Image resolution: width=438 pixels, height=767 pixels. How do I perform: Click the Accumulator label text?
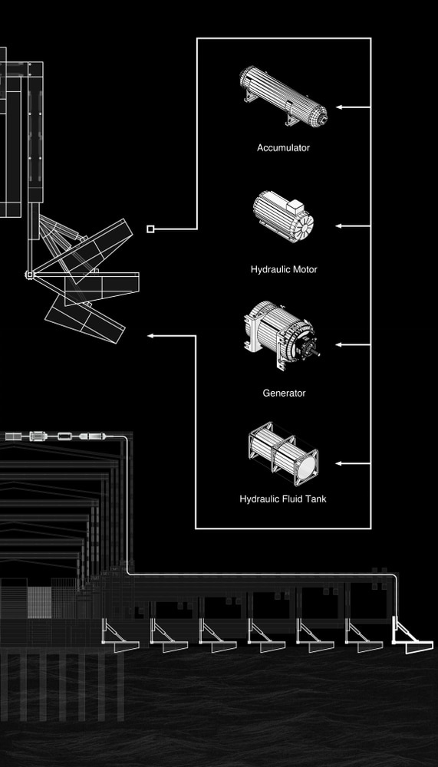(x=283, y=148)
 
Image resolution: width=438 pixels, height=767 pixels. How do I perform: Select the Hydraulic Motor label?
(x=284, y=269)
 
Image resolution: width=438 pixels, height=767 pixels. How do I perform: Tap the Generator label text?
(x=284, y=393)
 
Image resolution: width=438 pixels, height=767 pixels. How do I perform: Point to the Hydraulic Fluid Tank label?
(x=283, y=499)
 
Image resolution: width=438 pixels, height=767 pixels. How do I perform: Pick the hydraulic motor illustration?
(x=283, y=217)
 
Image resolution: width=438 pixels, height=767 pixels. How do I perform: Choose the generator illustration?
(x=282, y=335)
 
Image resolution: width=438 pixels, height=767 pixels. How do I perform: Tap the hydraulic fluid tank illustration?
(x=283, y=454)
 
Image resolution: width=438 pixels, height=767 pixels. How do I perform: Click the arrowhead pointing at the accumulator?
(x=338, y=107)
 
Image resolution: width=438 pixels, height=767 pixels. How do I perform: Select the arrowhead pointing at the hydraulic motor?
(x=338, y=226)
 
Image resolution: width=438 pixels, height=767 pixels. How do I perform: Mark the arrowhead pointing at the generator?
(x=338, y=345)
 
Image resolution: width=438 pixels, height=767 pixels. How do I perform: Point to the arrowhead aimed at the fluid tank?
(x=338, y=463)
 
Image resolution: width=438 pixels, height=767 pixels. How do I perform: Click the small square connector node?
(x=151, y=229)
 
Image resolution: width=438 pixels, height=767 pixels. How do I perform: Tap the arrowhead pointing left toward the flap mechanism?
(x=151, y=336)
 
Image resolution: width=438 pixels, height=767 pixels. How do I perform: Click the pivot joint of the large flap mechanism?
(x=30, y=275)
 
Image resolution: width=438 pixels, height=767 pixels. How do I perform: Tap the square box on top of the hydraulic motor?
(x=296, y=206)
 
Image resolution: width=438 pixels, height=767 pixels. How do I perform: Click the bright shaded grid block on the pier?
(x=39, y=602)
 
